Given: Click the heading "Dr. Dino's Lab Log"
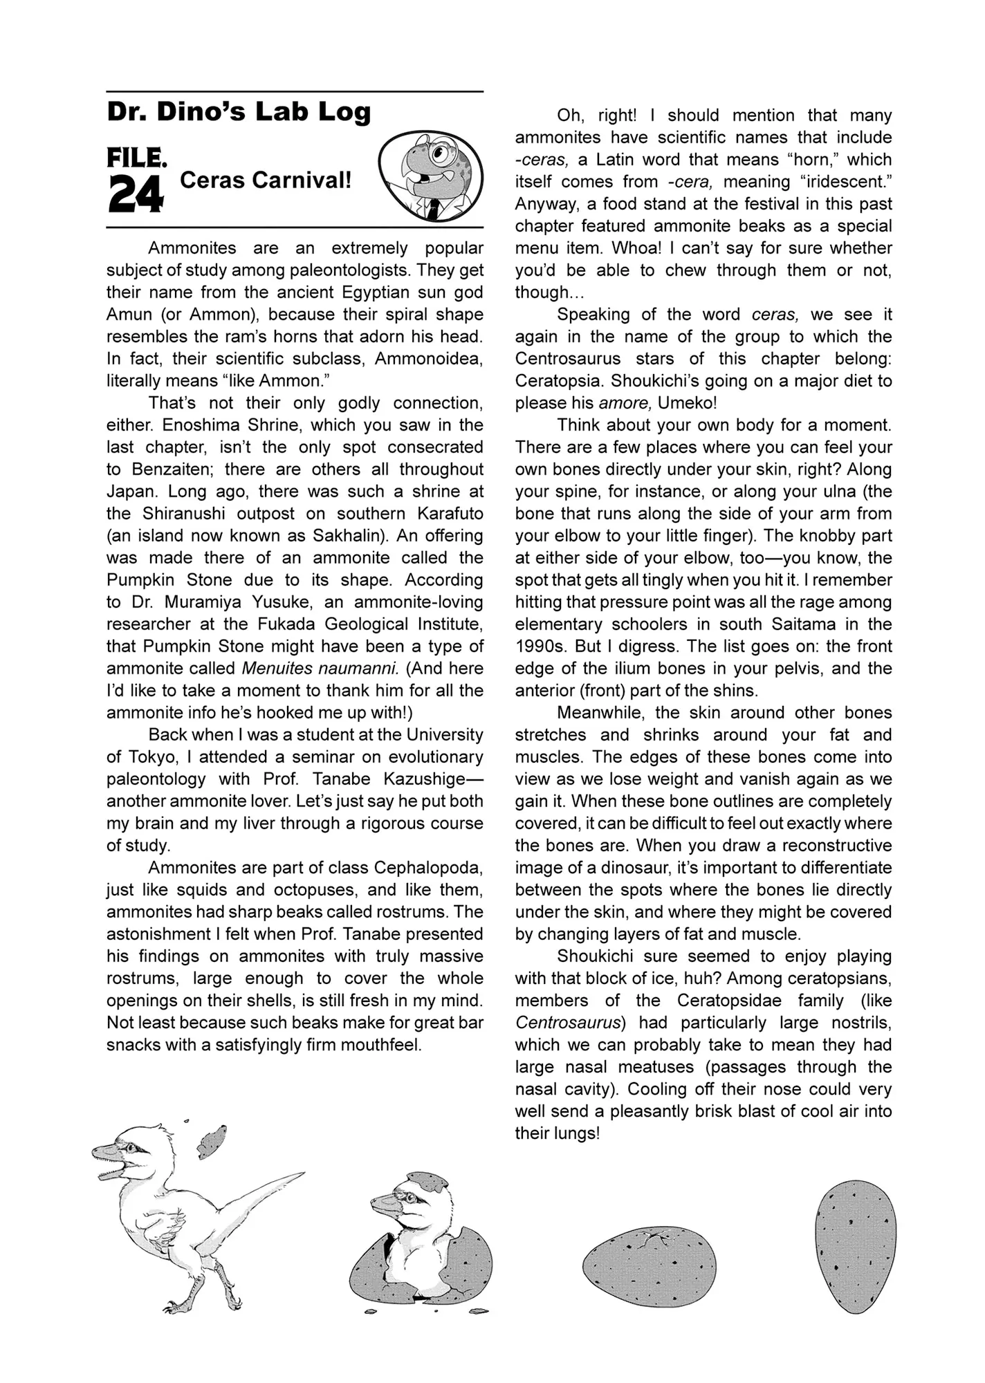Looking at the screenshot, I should (239, 113).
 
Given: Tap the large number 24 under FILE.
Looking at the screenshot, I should (136, 194).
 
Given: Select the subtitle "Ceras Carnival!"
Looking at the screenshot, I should (266, 180).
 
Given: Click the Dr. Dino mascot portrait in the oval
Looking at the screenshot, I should (430, 176).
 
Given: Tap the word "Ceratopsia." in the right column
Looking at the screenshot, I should (560, 381).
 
